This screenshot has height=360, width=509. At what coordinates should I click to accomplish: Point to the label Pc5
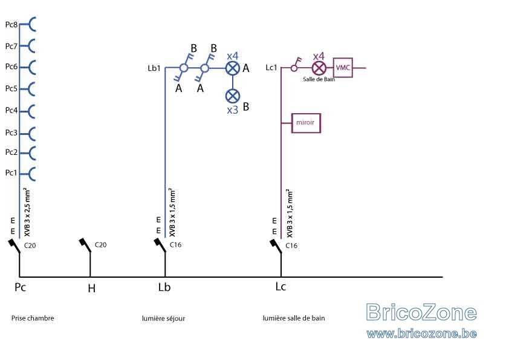coord(11,88)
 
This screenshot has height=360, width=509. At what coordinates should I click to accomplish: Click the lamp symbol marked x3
coord(232,96)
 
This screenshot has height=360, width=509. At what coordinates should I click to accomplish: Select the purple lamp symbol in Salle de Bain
coord(319,68)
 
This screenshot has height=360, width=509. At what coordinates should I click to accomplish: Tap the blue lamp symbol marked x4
coord(232,68)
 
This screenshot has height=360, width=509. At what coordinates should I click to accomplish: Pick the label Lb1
coord(154,68)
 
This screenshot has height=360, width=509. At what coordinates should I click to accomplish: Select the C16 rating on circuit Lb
coord(176,244)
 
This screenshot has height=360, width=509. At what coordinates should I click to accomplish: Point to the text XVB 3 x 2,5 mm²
coord(27,212)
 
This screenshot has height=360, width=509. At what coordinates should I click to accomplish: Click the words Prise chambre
coord(33,318)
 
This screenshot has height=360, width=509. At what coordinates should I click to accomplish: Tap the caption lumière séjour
coord(163,318)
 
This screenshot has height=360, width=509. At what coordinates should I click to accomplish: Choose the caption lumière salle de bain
coord(294,318)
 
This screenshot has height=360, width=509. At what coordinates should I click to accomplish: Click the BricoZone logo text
coord(421,312)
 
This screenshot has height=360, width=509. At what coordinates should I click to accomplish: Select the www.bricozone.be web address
coord(422,333)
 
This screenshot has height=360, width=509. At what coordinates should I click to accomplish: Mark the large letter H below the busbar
coord(91,288)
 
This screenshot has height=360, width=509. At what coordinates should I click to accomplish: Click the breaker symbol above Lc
coord(276,246)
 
